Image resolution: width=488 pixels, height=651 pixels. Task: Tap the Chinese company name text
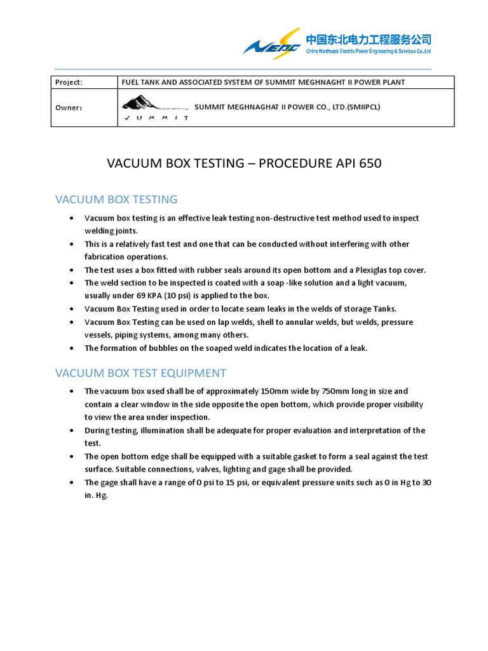[x=369, y=39]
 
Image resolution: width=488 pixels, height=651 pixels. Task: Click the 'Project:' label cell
[x=69, y=82]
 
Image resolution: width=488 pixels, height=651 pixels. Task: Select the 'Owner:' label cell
[x=69, y=107]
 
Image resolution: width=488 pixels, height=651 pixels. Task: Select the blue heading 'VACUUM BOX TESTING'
[x=116, y=199]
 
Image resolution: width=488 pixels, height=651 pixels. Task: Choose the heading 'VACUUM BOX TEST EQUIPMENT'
[x=140, y=373]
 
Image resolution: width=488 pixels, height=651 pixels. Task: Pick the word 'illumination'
[x=150, y=430]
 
